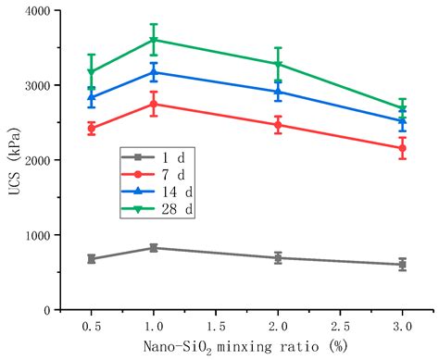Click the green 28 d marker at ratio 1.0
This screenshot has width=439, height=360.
point(154,40)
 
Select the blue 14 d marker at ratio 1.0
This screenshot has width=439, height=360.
point(154,72)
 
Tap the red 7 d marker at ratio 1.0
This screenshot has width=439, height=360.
point(154,104)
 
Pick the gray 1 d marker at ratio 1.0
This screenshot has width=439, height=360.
point(154,248)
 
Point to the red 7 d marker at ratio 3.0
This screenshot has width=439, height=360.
point(402,148)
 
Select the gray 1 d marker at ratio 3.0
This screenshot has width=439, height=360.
point(402,265)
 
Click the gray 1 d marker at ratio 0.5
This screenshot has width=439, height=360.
point(91,259)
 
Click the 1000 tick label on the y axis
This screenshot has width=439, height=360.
point(37,235)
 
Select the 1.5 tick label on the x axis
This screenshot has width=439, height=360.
point(216,327)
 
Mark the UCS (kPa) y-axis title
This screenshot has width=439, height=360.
point(11,160)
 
